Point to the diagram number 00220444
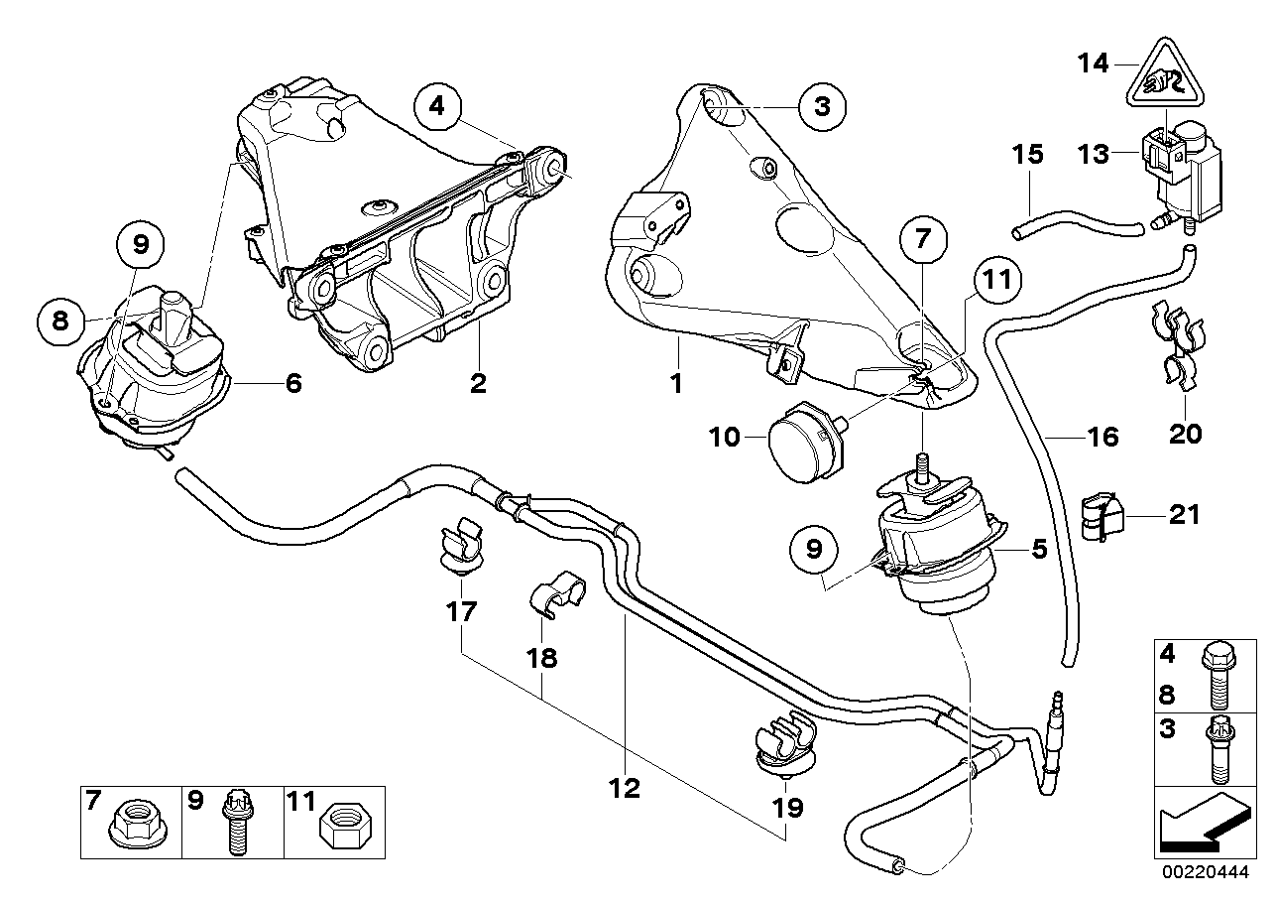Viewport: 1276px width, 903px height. point(1205,872)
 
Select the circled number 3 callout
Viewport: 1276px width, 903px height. point(822,106)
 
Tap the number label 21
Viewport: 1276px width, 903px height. point(1184,515)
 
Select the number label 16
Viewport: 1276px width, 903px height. point(1103,438)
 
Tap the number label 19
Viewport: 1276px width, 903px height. point(787,808)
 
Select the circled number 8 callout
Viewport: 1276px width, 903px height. point(60,322)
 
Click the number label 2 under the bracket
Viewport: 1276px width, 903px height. point(478,383)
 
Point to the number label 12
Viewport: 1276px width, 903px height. point(625,789)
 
